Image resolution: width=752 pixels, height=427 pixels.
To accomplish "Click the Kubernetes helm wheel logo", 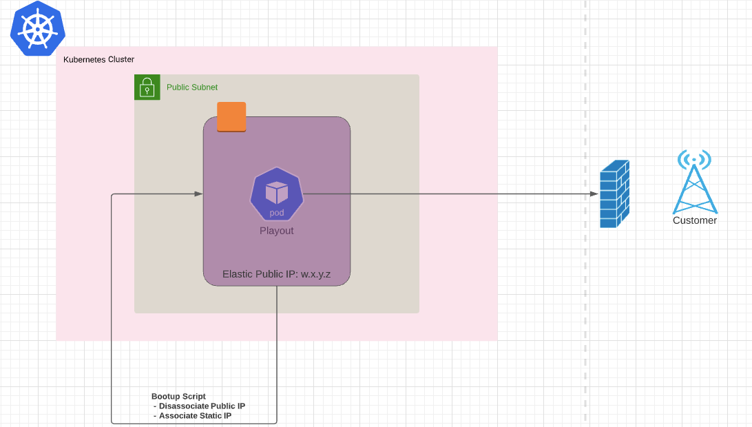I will pyautogui.click(x=38, y=29).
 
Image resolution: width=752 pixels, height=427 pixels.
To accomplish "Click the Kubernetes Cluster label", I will pyautogui.click(x=98, y=60).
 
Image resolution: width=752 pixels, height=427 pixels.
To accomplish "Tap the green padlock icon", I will pyautogui.click(x=147, y=87).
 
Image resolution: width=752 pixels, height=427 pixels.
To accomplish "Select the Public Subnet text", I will pyautogui.click(x=192, y=87).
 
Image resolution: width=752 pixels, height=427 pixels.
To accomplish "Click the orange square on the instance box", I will pyautogui.click(x=231, y=116).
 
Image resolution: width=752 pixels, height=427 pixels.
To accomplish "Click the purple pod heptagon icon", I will pyautogui.click(x=277, y=194).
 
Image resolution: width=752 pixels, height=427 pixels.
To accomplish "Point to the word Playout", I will pyautogui.click(x=277, y=231).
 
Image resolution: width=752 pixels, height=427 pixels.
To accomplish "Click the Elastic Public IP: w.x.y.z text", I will pyautogui.click(x=277, y=274).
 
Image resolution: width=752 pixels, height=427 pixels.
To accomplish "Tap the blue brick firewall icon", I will pyautogui.click(x=614, y=194).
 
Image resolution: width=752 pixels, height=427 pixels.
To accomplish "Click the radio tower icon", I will pyautogui.click(x=694, y=186).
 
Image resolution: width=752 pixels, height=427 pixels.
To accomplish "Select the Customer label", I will pyautogui.click(x=695, y=220).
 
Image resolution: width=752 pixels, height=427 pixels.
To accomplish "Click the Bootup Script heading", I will pyautogui.click(x=178, y=397).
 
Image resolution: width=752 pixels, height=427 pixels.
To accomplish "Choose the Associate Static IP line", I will pyautogui.click(x=194, y=416).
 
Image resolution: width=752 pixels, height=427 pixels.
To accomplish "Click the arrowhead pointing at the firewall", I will pyautogui.click(x=594, y=194).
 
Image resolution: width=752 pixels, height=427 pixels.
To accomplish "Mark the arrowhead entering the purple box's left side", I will pyautogui.click(x=199, y=194).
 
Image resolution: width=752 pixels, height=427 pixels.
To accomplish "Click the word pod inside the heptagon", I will pyautogui.click(x=277, y=213).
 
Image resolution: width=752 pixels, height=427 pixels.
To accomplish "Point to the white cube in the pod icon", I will pyautogui.click(x=277, y=193).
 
